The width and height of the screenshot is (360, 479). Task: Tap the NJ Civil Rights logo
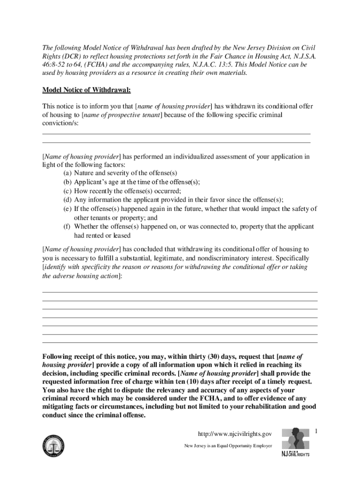295,442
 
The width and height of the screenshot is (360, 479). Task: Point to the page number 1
317,430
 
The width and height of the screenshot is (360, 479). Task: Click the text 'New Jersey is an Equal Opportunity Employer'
228,446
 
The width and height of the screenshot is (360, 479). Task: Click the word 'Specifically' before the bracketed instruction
292,258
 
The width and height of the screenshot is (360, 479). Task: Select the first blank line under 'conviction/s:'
176,133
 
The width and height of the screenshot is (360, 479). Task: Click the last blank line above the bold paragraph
180,343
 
